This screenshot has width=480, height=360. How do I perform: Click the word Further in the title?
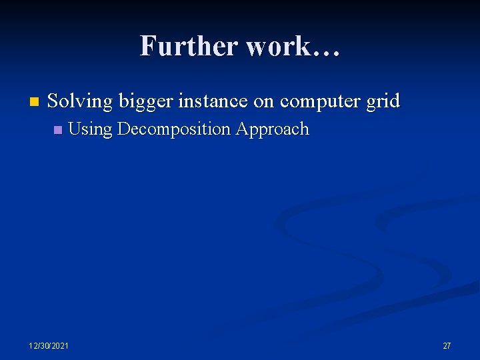[189, 47]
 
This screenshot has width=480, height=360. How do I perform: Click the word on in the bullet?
[265, 102]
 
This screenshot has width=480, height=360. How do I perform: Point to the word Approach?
[272, 129]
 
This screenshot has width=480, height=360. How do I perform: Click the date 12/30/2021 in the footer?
[48, 345]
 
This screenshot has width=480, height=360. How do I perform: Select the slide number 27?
[447, 345]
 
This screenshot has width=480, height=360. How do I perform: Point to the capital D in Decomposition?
[123, 129]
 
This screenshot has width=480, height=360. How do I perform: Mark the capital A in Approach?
[241, 129]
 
